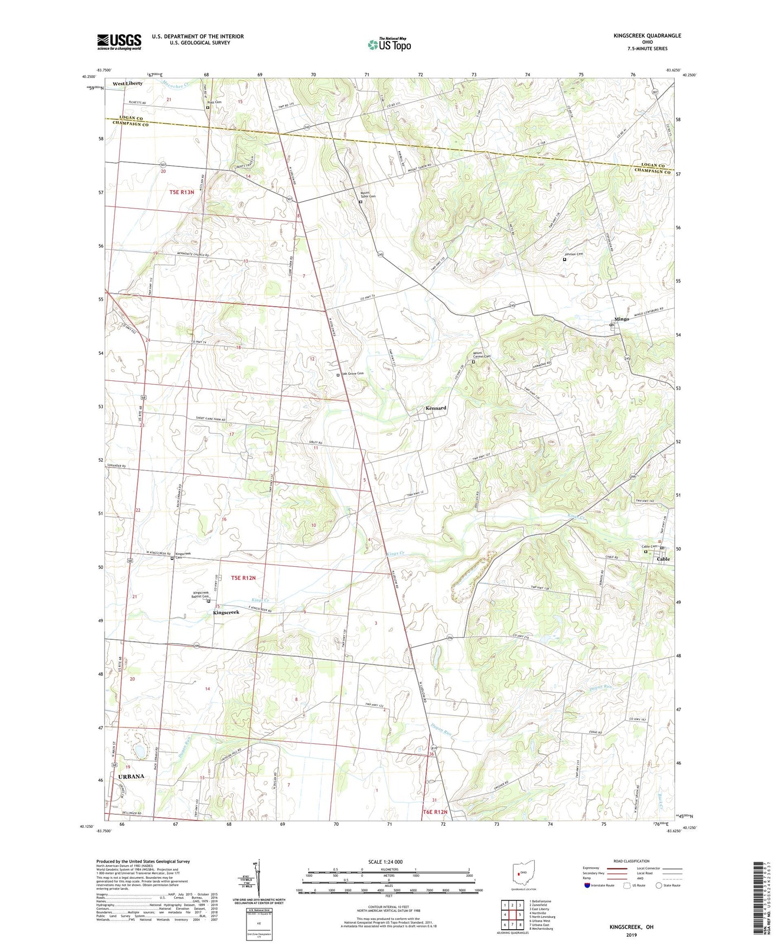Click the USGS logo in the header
click(119, 42)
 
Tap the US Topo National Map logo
click(389, 44)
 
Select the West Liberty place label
click(127, 83)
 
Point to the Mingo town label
click(622, 319)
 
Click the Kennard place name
click(436, 408)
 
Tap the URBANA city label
click(131, 776)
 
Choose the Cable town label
click(663, 559)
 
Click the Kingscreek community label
click(226, 612)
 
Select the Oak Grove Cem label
click(352, 374)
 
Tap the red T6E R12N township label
click(435, 812)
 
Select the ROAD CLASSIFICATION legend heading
click(631, 861)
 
